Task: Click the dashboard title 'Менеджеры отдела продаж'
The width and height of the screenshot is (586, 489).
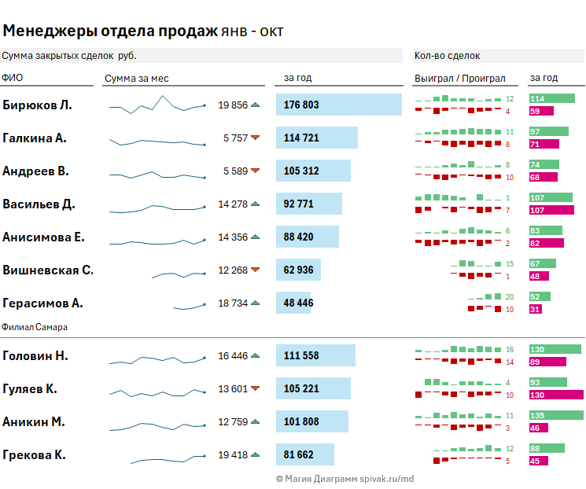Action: pos(110,31)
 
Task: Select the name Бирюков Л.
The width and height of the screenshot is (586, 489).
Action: pos(37,105)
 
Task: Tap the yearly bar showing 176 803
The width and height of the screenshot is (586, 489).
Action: pos(338,105)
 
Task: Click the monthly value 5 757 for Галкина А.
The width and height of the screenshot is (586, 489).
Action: pos(235,138)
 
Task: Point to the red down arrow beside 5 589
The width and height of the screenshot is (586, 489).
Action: pos(255,171)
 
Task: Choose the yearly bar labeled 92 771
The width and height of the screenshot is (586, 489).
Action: pos(308,204)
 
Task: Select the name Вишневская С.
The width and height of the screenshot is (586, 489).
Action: pos(48,270)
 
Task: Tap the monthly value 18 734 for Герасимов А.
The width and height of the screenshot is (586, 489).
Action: pos(233,303)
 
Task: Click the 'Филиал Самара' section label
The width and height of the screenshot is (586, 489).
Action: pos(35,326)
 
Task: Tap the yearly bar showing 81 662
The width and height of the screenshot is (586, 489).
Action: pos(304,454)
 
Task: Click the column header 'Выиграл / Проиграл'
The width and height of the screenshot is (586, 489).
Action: pos(459,78)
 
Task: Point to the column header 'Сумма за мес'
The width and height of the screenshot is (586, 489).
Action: pos(136,78)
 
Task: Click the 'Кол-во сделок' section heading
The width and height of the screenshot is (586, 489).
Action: pos(447,56)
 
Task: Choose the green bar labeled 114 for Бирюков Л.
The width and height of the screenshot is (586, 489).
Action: pos(552,98)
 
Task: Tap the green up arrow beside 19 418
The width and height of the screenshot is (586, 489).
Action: pos(255,454)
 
